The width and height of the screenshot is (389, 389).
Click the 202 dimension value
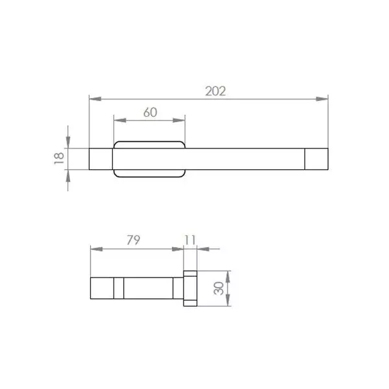coord(216,91)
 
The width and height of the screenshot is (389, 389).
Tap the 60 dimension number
coord(150,112)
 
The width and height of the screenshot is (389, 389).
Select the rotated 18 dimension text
coord(59,158)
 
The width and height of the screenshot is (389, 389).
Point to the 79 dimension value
coord(134,240)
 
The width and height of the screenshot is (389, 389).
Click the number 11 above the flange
coord(190,240)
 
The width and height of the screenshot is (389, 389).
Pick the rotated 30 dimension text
coord(218,289)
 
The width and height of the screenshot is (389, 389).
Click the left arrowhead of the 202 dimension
coord(95,99)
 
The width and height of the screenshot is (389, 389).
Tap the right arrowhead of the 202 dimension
coord(322,99)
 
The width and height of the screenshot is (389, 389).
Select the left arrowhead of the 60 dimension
coord(120,121)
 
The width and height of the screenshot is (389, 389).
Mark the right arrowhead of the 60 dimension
coord(179,121)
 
